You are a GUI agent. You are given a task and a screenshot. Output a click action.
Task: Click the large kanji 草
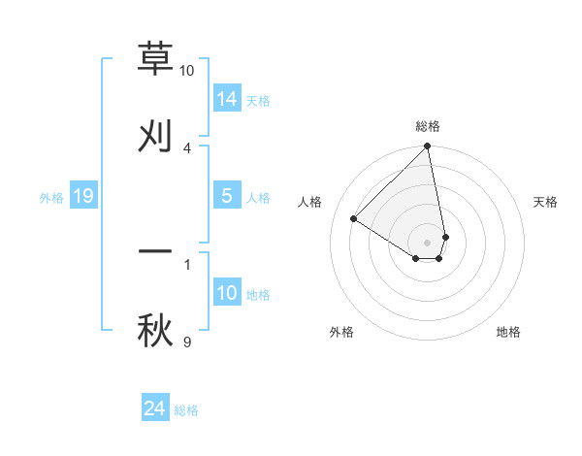(155, 58)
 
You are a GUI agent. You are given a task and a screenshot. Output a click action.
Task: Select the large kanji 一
(155, 251)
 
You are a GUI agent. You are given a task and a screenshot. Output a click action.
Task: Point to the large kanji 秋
(155, 329)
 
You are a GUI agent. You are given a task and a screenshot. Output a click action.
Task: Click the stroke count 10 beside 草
(186, 71)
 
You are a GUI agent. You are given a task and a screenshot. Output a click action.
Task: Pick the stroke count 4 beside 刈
(186, 147)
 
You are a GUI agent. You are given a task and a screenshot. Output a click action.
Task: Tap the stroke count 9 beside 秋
(186, 342)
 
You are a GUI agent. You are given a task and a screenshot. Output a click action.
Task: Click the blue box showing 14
(227, 98)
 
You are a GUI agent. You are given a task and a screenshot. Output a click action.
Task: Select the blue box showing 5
(227, 196)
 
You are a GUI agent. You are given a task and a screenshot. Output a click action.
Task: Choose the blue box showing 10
(227, 293)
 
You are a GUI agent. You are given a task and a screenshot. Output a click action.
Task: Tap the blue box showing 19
(83, 197)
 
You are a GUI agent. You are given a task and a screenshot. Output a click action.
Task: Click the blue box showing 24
(155, 409)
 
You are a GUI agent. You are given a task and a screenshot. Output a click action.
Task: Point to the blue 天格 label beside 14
(258, 100)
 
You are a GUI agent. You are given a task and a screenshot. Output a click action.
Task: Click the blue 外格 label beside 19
(51, 198)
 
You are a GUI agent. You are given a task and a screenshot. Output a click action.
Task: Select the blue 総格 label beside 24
(186, 411)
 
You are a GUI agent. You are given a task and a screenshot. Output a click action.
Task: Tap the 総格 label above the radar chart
(428, 126)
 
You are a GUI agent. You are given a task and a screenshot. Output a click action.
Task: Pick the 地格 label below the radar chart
(508, 332)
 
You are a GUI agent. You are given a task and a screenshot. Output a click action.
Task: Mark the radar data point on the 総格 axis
(428, 147)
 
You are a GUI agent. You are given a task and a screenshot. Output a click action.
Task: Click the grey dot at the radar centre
(428, 242)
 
